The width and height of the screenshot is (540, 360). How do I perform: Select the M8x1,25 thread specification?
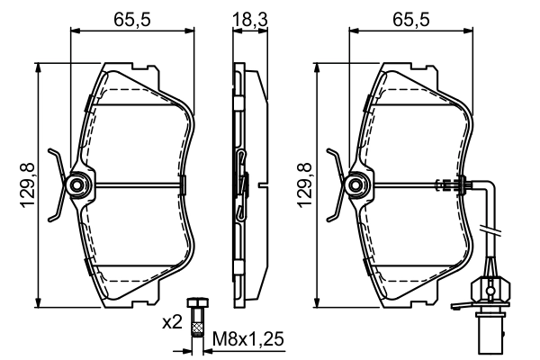pos(247,341)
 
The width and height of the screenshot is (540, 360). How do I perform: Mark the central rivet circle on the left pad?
pos(77,185)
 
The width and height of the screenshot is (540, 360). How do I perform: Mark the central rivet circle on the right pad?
pos(357,185)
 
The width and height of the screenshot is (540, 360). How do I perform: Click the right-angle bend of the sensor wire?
pos(490,189)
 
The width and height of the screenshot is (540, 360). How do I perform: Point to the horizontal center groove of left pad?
pos(135,185)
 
